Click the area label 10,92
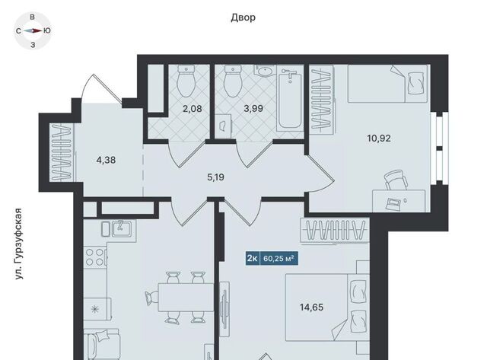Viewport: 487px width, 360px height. (379, 139)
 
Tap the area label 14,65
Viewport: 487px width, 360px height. (311, 307)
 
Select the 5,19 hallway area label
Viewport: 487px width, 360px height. (215, 177)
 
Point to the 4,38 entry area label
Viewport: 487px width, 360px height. (106, 160)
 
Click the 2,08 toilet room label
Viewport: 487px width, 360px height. (193, 109)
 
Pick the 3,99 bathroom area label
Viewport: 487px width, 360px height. (253, 108)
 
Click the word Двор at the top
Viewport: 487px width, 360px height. (243, 18)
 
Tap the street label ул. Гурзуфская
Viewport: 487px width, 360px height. (19, 244)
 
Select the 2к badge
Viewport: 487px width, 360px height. (252, 258)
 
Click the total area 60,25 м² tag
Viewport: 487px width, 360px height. (279, 258)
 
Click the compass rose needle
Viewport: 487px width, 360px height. (33, 30)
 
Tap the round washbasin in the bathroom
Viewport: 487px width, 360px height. (265, 71)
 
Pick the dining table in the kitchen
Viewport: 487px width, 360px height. (186, 297)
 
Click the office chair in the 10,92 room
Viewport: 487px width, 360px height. (396, 180)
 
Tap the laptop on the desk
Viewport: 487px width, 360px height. (393, 204)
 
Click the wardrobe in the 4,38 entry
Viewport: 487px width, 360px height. (62, 152)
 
